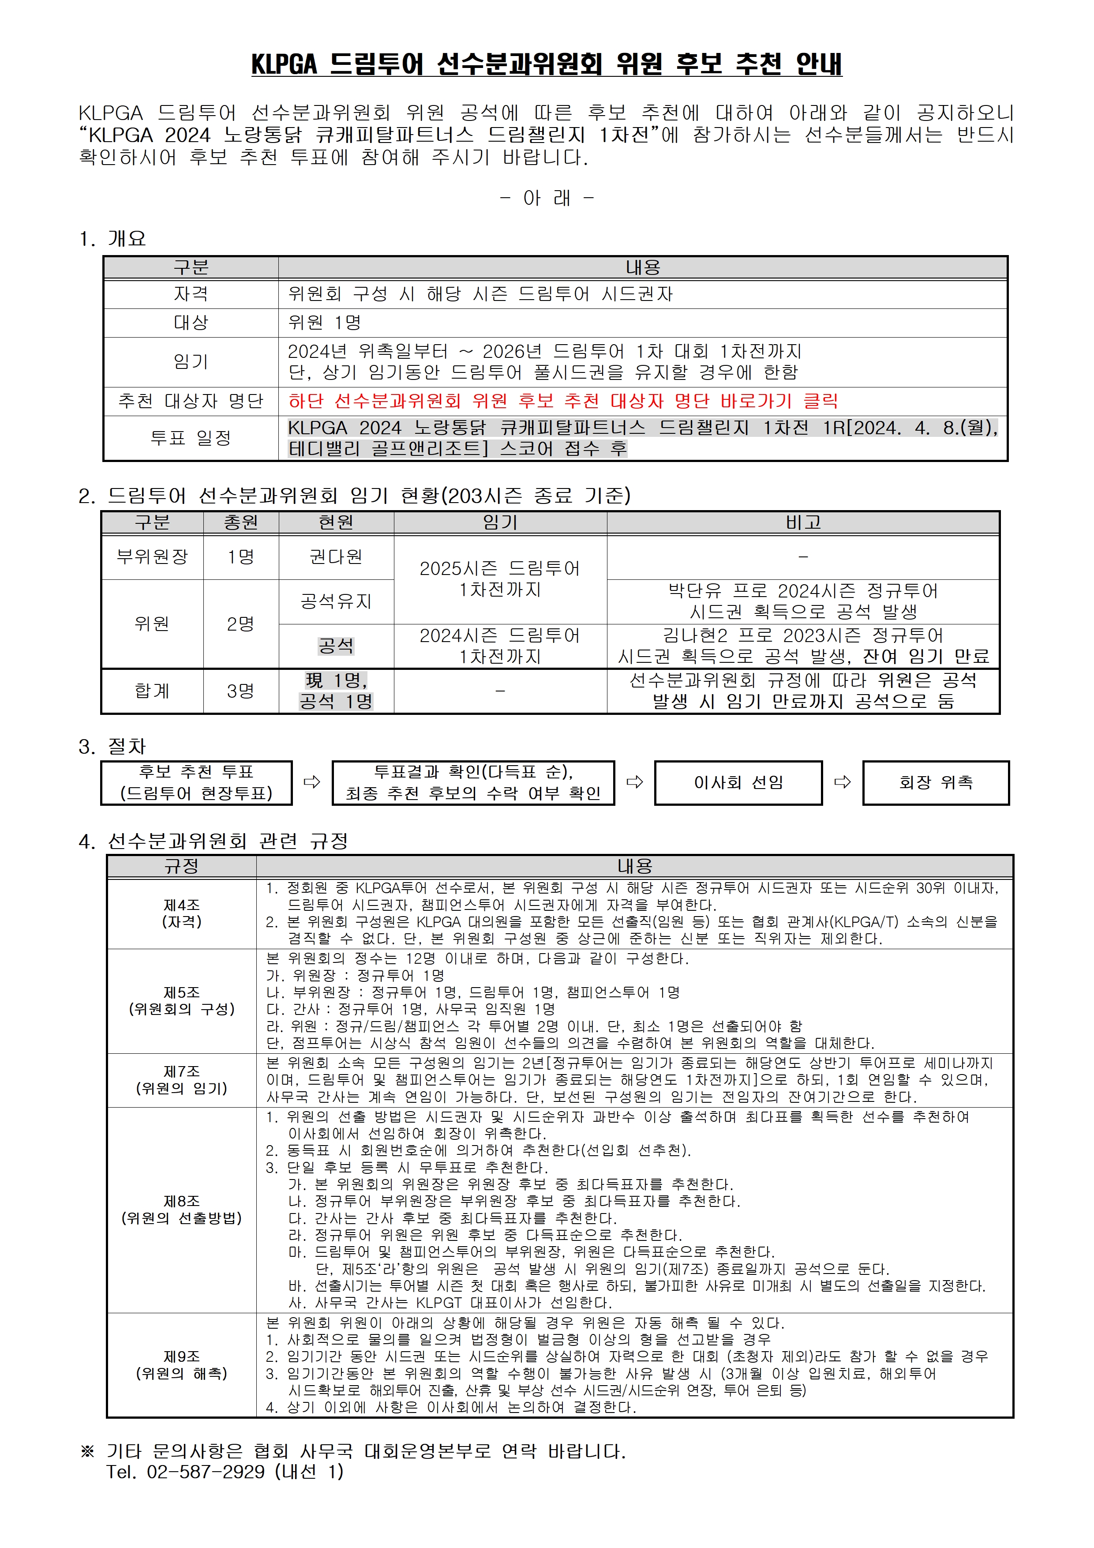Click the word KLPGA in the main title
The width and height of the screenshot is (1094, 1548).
(284, 65)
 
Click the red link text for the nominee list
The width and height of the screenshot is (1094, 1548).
(563, 401)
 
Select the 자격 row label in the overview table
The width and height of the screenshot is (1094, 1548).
(191, 294)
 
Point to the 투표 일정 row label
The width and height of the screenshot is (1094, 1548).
(191, 438)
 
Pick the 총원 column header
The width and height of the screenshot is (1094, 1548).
(241, 522)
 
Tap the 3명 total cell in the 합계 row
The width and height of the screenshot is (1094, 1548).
(241, 691)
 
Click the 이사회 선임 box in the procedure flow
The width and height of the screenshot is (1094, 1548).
(738, 783)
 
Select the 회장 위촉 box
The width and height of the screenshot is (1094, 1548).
(936, 783)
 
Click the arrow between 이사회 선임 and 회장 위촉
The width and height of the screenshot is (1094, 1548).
(843, 782)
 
